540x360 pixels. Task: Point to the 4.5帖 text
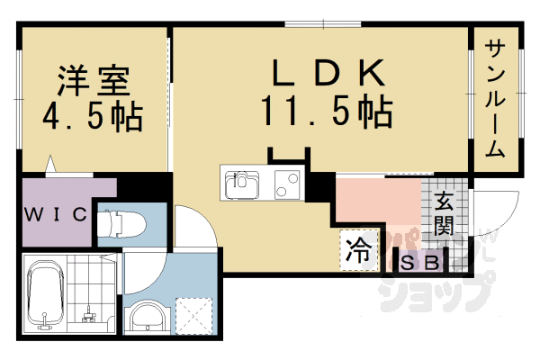[x=94, y=116]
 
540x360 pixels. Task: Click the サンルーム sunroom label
[x=495, y=99]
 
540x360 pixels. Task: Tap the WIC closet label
[x=56, y=214]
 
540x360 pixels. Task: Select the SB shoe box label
[x=420, y=263]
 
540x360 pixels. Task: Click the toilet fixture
[x=120, y=221]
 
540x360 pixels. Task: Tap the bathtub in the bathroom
[x=43, y=295]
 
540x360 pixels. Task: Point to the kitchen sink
[x=241, y=184]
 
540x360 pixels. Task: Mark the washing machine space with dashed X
[x=191, y=314]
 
